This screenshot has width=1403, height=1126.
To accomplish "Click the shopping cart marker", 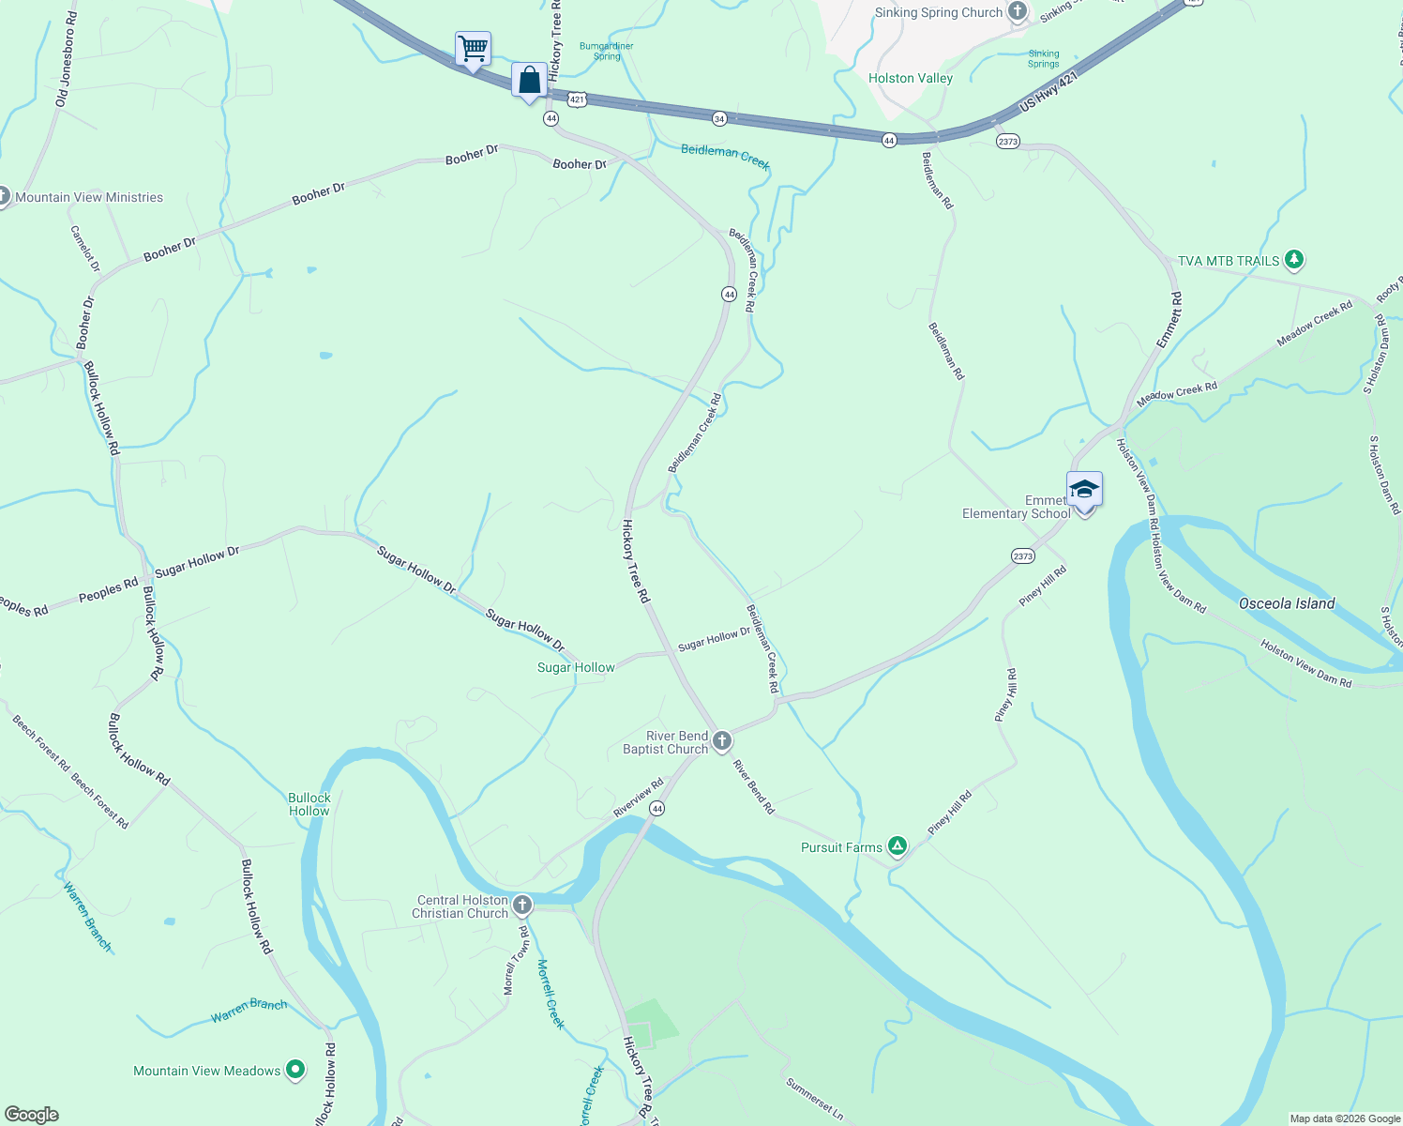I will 474,48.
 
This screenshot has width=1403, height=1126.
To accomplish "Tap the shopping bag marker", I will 530,79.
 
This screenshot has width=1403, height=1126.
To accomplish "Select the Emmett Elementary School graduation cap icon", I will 1084,490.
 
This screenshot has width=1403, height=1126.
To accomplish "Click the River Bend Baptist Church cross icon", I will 722,741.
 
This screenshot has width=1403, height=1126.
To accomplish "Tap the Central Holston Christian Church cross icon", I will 522,905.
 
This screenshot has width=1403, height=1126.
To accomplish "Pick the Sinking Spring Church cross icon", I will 1018,11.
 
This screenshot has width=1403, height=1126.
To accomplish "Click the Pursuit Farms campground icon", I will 898,846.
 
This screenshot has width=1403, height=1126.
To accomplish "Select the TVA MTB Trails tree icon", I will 1294,259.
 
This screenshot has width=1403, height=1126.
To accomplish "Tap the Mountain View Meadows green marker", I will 295,1069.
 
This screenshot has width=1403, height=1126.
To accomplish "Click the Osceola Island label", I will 1286,603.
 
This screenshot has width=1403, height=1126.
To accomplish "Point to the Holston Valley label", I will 910,78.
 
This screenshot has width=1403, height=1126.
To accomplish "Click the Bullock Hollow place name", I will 309,804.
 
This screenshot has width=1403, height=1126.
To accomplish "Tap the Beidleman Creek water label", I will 725,156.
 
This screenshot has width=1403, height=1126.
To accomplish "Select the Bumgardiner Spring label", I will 607,51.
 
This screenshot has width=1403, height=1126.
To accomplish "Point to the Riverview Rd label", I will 638,797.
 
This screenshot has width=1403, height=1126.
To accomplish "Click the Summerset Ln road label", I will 814,1099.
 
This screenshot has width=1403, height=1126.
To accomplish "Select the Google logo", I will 31,1115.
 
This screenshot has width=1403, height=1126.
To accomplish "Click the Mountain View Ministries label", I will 89,197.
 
